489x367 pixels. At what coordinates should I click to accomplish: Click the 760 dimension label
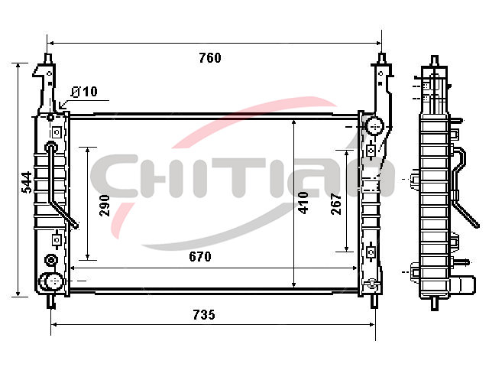(210, 58)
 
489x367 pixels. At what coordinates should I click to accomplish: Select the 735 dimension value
(204, 314)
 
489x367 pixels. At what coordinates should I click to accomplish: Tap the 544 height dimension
(27, 182)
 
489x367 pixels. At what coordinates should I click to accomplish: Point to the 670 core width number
(200, 257)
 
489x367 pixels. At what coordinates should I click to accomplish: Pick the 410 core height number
(303, 203)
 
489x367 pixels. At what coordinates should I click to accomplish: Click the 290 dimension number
(105, 206)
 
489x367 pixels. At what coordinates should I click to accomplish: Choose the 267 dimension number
(336, 204)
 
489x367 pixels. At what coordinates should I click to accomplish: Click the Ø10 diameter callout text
(84, 92)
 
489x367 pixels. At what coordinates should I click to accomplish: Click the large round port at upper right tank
(374, 126)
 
